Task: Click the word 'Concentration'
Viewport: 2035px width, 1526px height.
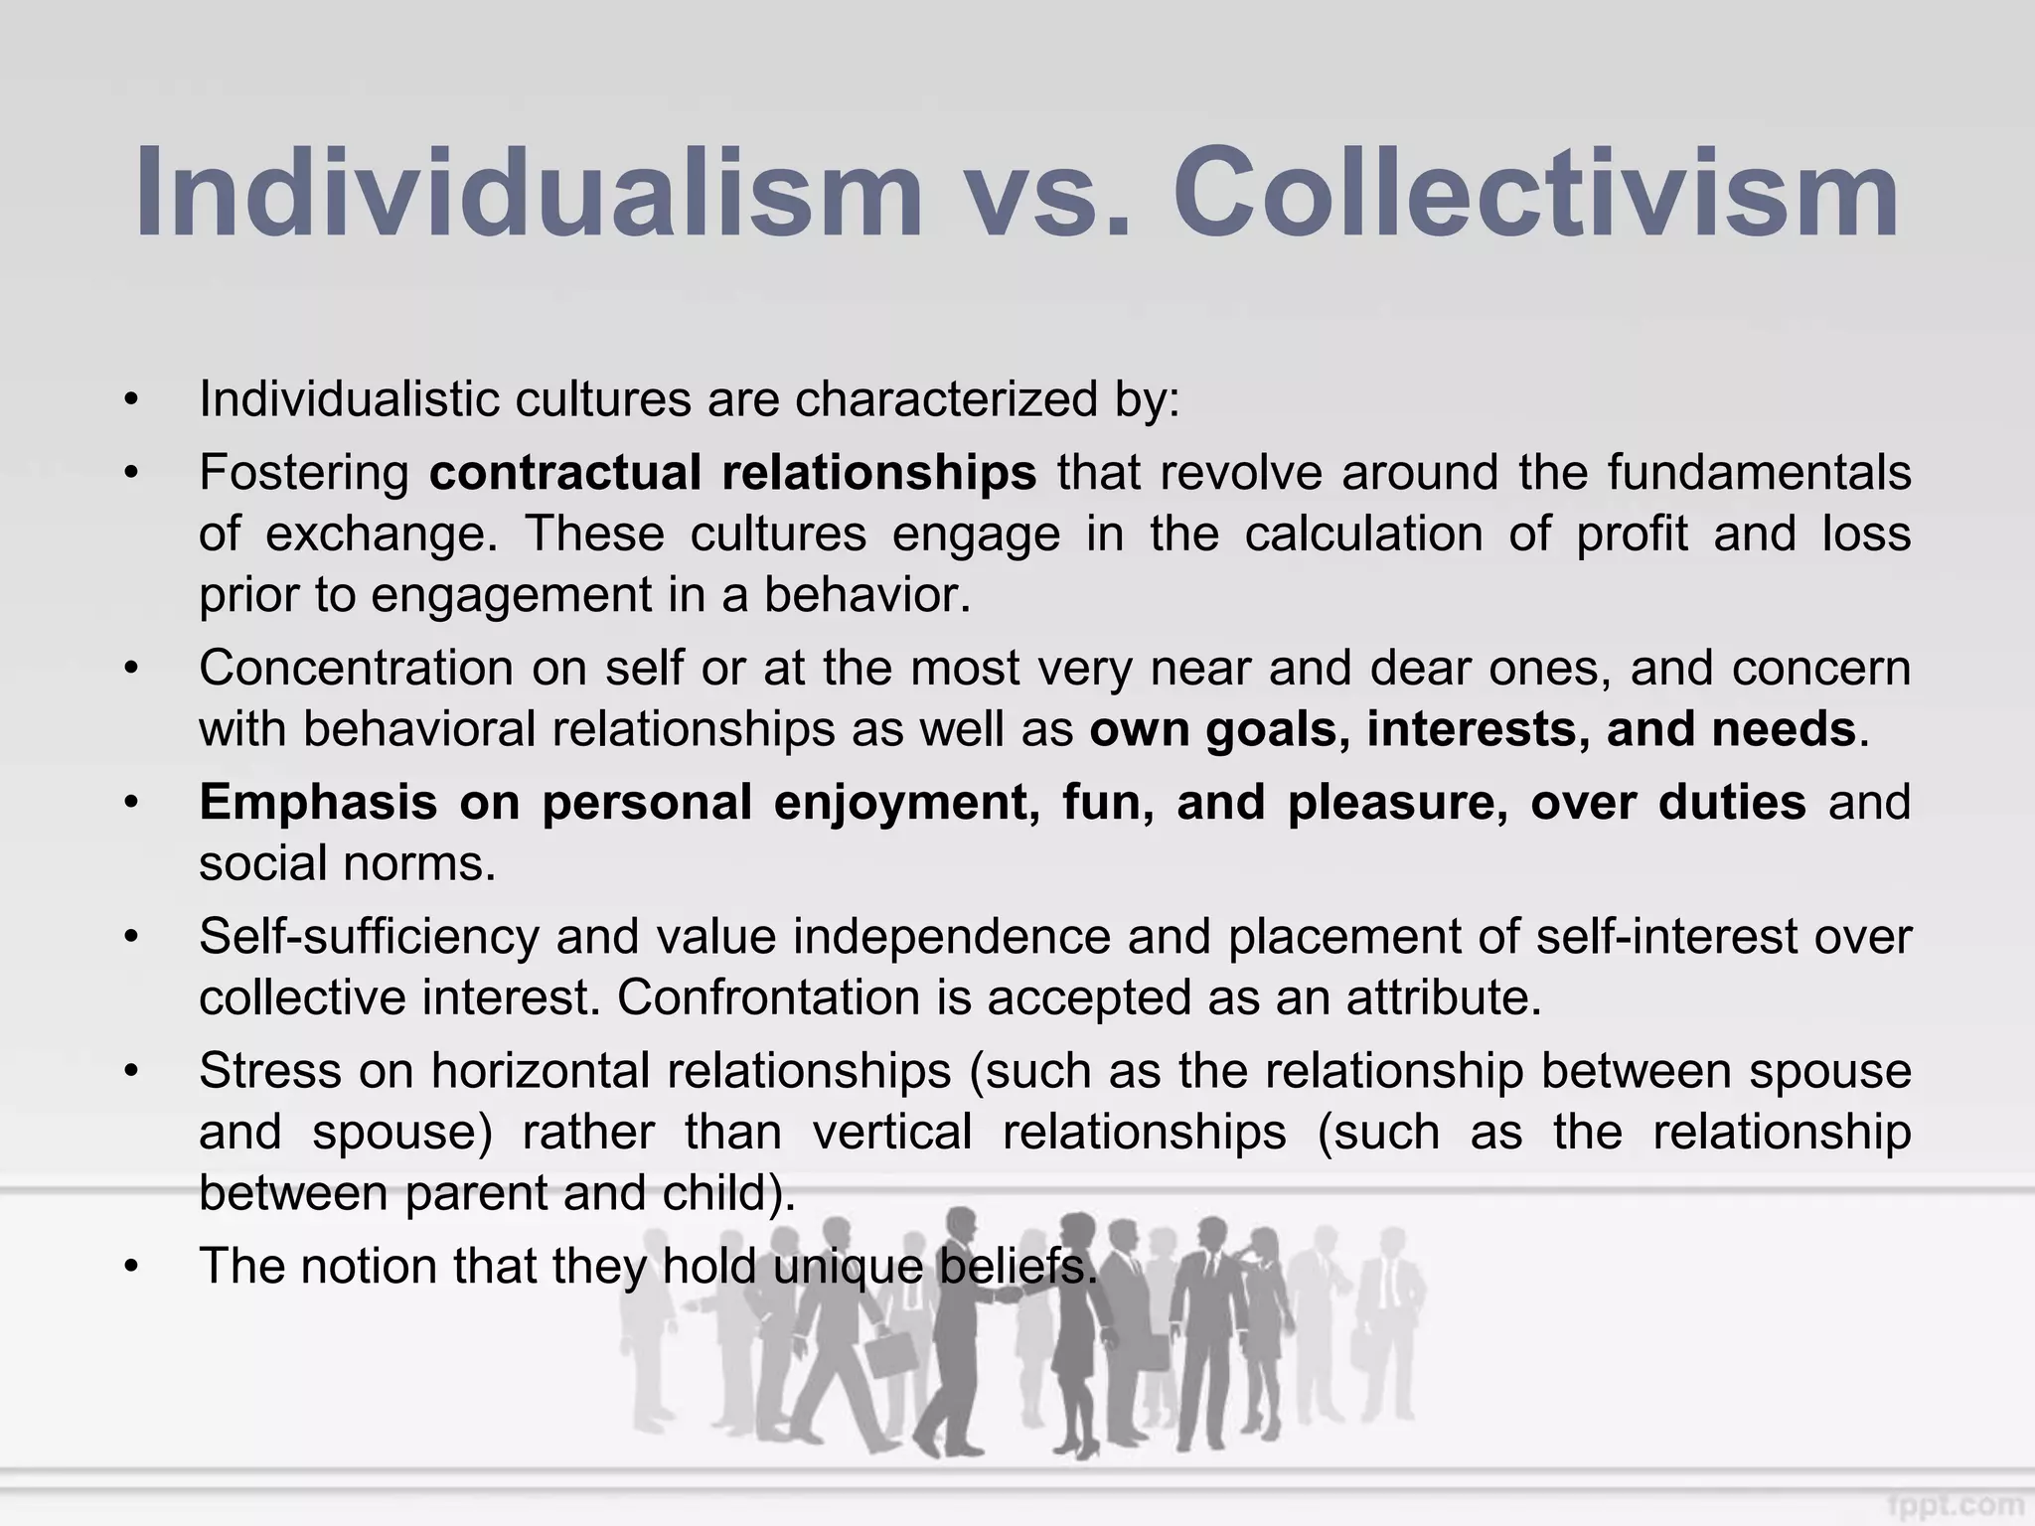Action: tap(355, 668)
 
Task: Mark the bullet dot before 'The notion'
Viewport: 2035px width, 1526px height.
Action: tap(131, 1268)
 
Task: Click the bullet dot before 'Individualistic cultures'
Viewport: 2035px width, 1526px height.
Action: tap(131, 401)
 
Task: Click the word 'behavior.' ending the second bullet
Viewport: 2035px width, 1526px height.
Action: tap(866, 595)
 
